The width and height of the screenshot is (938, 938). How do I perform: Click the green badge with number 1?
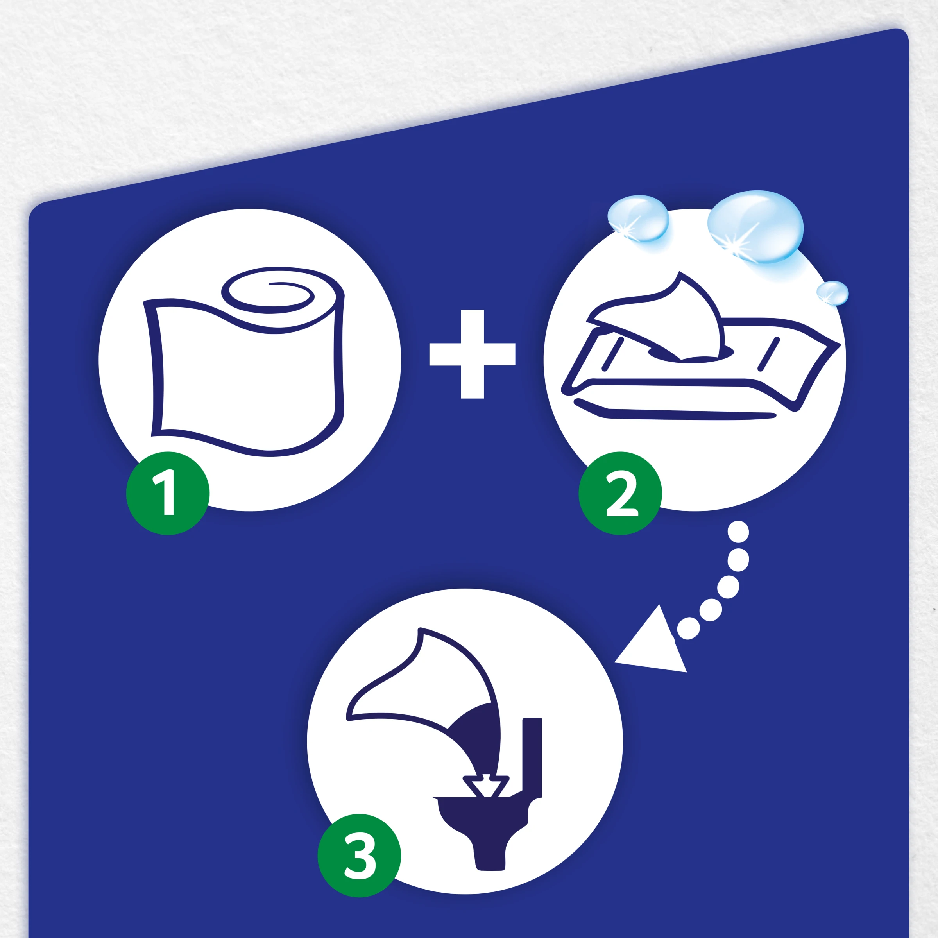pos(168,493)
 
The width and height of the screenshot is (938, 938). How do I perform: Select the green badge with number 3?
pos(359,856)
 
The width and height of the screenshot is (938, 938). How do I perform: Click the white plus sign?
pos(473,354)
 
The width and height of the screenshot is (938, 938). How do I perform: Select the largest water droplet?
pos(755,227)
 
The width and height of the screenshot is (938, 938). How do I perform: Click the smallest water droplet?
pos(832,293)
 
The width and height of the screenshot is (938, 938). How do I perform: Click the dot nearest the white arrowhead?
pos(688,628)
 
